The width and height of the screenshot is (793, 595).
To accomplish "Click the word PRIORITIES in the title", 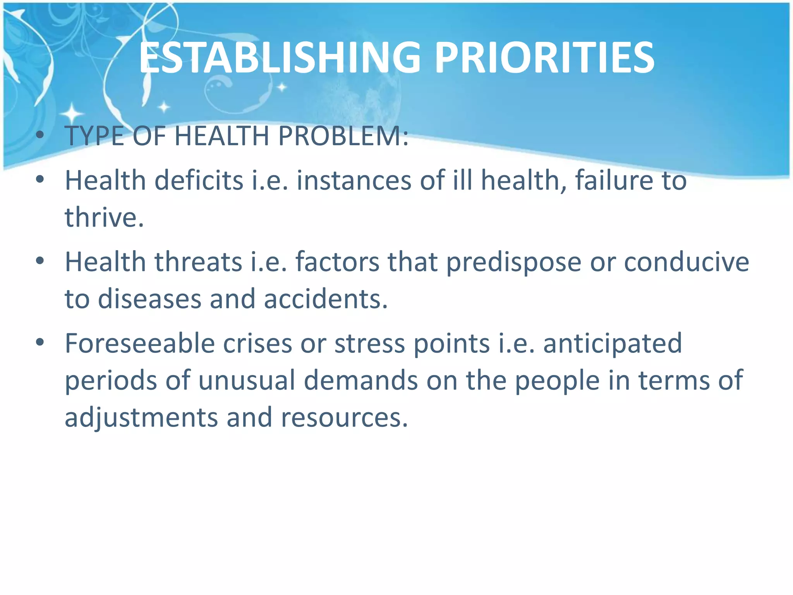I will [x=544, y=58].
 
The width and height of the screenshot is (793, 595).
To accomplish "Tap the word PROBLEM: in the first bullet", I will [x=343, y=136].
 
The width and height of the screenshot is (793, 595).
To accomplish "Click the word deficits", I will [x=199, y=181].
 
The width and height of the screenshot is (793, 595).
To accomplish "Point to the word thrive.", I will [x=104, y=217].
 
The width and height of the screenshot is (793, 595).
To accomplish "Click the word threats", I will [x=198, y=262].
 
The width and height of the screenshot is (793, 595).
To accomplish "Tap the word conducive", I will [x=687, y=262].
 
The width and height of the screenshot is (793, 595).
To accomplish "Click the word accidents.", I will [x=326, y=299].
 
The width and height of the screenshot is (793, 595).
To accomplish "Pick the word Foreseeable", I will [x=139, y=344].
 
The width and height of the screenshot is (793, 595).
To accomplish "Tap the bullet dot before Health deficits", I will [x=40, y=180].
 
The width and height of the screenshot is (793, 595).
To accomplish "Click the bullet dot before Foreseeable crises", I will [x=40, y=342].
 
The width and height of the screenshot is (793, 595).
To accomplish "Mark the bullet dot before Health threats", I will [x=40, y=261].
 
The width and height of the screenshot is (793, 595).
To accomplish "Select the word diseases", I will [x=149, y=299].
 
